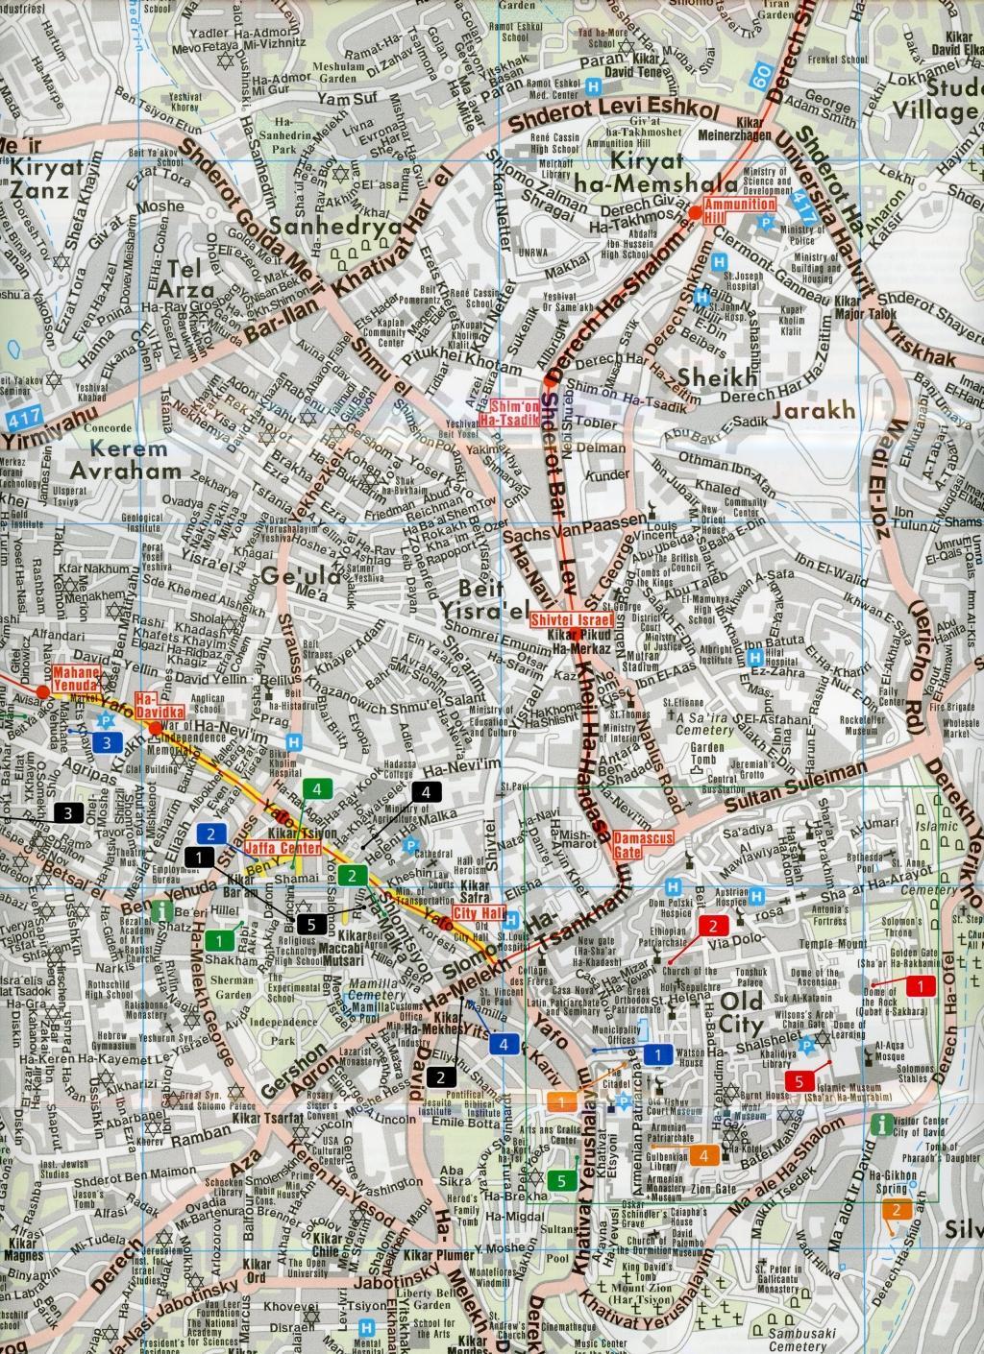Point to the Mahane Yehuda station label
(x=76, y=679)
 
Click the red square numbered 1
(x=921, y=985)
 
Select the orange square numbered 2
(x=896, y=1209)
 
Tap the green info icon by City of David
(x=878, y=1124)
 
